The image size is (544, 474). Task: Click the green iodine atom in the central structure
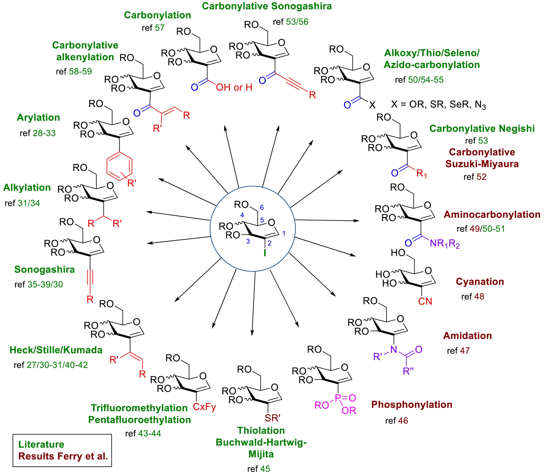click(265, 253)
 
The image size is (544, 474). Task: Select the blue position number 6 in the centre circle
click(262, 208)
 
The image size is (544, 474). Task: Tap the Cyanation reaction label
click(480, 282)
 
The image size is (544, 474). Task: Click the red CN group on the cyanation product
click(425, 301)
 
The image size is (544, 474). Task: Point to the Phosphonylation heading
click(412, 405)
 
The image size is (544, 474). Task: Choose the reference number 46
click(403, 421)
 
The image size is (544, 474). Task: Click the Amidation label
click(467, 336)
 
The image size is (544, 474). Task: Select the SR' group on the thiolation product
click(272, 418)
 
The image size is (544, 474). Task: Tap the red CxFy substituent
click(204, 407)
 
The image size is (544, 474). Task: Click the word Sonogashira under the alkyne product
click(44, 270)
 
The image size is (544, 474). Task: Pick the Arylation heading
click(38, 118)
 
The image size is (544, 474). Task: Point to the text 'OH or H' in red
click(234, 87)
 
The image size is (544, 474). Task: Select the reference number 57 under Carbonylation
click(159, 28)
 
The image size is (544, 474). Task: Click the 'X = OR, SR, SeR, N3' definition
click(438, 105)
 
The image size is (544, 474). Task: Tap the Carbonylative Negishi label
click(482, 129)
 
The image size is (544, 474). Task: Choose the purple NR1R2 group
click(445, 244)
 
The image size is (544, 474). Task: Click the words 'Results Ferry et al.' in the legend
click(63, 456)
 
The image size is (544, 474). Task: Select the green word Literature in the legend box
click(41, 445)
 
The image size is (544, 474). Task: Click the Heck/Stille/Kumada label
click(56, 350)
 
